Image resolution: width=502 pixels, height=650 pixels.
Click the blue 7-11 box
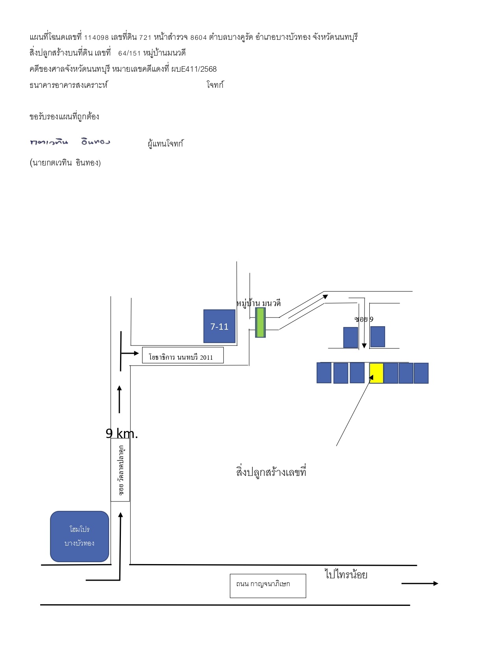219,326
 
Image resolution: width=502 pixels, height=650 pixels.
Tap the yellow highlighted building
376,373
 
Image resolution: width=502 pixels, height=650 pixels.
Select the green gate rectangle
260,323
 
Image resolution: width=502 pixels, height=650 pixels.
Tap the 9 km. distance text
122,433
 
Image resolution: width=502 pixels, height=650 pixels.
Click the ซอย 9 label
364,319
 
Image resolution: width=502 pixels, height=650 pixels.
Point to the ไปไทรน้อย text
346,574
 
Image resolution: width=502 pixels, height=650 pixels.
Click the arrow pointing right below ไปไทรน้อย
420,583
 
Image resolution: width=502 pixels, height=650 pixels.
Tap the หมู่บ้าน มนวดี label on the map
259,303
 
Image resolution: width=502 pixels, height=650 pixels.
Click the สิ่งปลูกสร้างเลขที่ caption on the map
271,472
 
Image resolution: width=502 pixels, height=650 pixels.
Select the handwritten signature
70,142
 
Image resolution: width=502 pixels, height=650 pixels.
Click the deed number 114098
96,37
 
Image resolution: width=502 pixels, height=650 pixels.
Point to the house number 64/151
129,53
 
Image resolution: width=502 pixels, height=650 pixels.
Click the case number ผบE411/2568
194,69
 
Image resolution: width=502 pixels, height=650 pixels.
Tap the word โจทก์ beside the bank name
215,85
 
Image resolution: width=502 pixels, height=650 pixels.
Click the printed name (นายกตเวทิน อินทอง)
65,162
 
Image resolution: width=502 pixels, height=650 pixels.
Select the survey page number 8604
198,37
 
